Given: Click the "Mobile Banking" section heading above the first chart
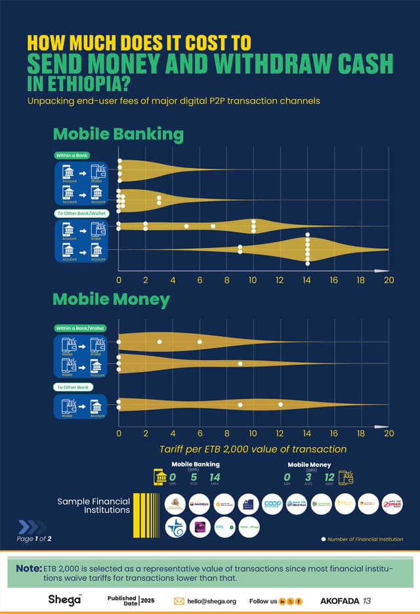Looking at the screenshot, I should [118, 134].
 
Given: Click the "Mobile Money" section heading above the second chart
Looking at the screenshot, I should [111, 300].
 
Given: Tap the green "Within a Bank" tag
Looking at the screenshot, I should [72, 155].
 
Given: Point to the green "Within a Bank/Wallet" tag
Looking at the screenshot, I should [80, 328].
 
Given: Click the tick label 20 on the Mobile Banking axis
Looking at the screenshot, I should [388, 280].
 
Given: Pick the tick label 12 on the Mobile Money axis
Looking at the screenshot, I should [280, 433].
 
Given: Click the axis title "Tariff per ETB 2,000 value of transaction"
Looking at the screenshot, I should [253, 449].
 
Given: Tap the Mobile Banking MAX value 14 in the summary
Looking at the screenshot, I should [215, 477].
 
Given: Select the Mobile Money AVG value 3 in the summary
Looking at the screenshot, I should [307, 477].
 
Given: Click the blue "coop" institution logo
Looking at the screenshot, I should [272, 504].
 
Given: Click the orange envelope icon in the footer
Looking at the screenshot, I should [178, 601].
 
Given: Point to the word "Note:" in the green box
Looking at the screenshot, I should [29, 567].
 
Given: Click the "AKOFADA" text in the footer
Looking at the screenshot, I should [340, 600].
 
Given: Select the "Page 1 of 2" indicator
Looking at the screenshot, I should [34, 539].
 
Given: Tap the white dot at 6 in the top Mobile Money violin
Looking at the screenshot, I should [199, 342].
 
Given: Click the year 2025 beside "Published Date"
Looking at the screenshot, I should [148, 601].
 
